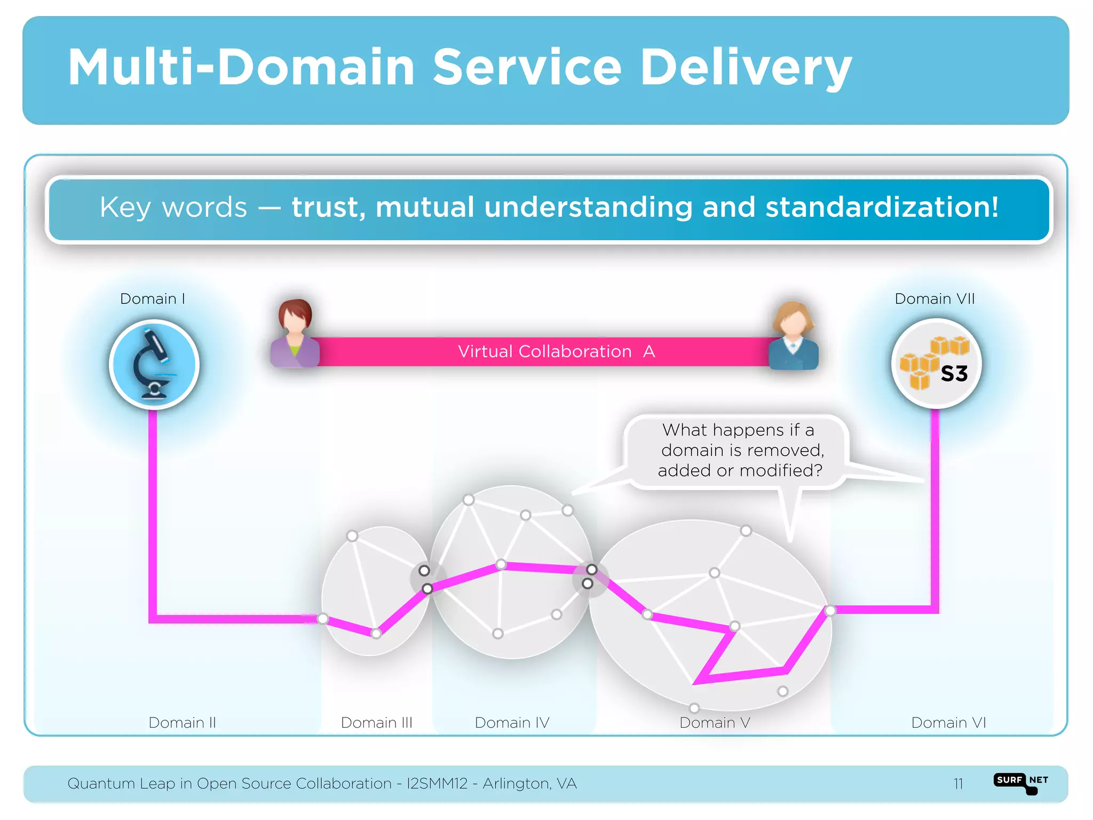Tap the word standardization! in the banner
tap(882, 207)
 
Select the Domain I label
tap(153, 298)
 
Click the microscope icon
tap(154, 365)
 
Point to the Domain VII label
tap(934, 298)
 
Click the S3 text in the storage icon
tap(954, 374)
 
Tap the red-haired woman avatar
tap(295, 334)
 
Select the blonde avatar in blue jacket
tap(794, 336)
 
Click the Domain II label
tap(182, 722)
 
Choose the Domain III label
tap(377, 722)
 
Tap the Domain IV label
tap(512, 722)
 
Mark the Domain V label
tap(715, 722)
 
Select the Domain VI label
tap(948, 722)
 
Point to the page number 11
tap(958, 784)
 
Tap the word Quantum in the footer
tap(101, 784)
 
